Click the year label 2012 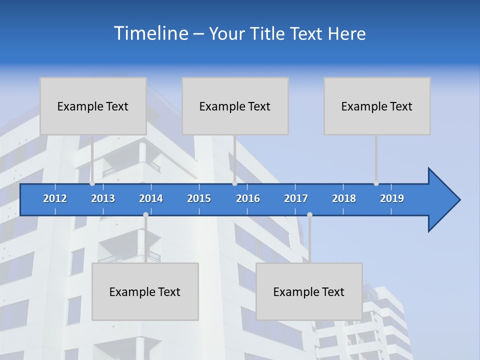pyautogui.click(x=55, y=198)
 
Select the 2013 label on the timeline pyautogui.click(x=103, y=198)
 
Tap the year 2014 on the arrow pyautogui.click(x=151, y=198)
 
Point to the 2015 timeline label pyautogui.click(x=199, y=198)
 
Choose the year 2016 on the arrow pyautogui.click(x=248, y=198)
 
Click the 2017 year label pyautogui.click(x=296, y=198)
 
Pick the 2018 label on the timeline pyautogui.click(x=344, y=198)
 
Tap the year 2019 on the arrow pyautogui.click(x=392, y=198)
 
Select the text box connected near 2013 pyautogui.click(x=93, y=106)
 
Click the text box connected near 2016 pyautogui.click(x=235, y=106)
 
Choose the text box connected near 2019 pyautogui.click(x=377, y=106)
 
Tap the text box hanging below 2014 pyautogui.click(x=145, y=291)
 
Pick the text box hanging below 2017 pyautogui.click(x=309, y=291)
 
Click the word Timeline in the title pyautogui.click(x=150, y=33)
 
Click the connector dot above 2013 pyautogui.click(x=92, y=183)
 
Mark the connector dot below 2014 pyautogui.click(x=145, y=215)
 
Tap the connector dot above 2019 pyautogui.click(x=376, y=183)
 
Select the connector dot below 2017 pyautogui.click(x=309, y=215)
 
